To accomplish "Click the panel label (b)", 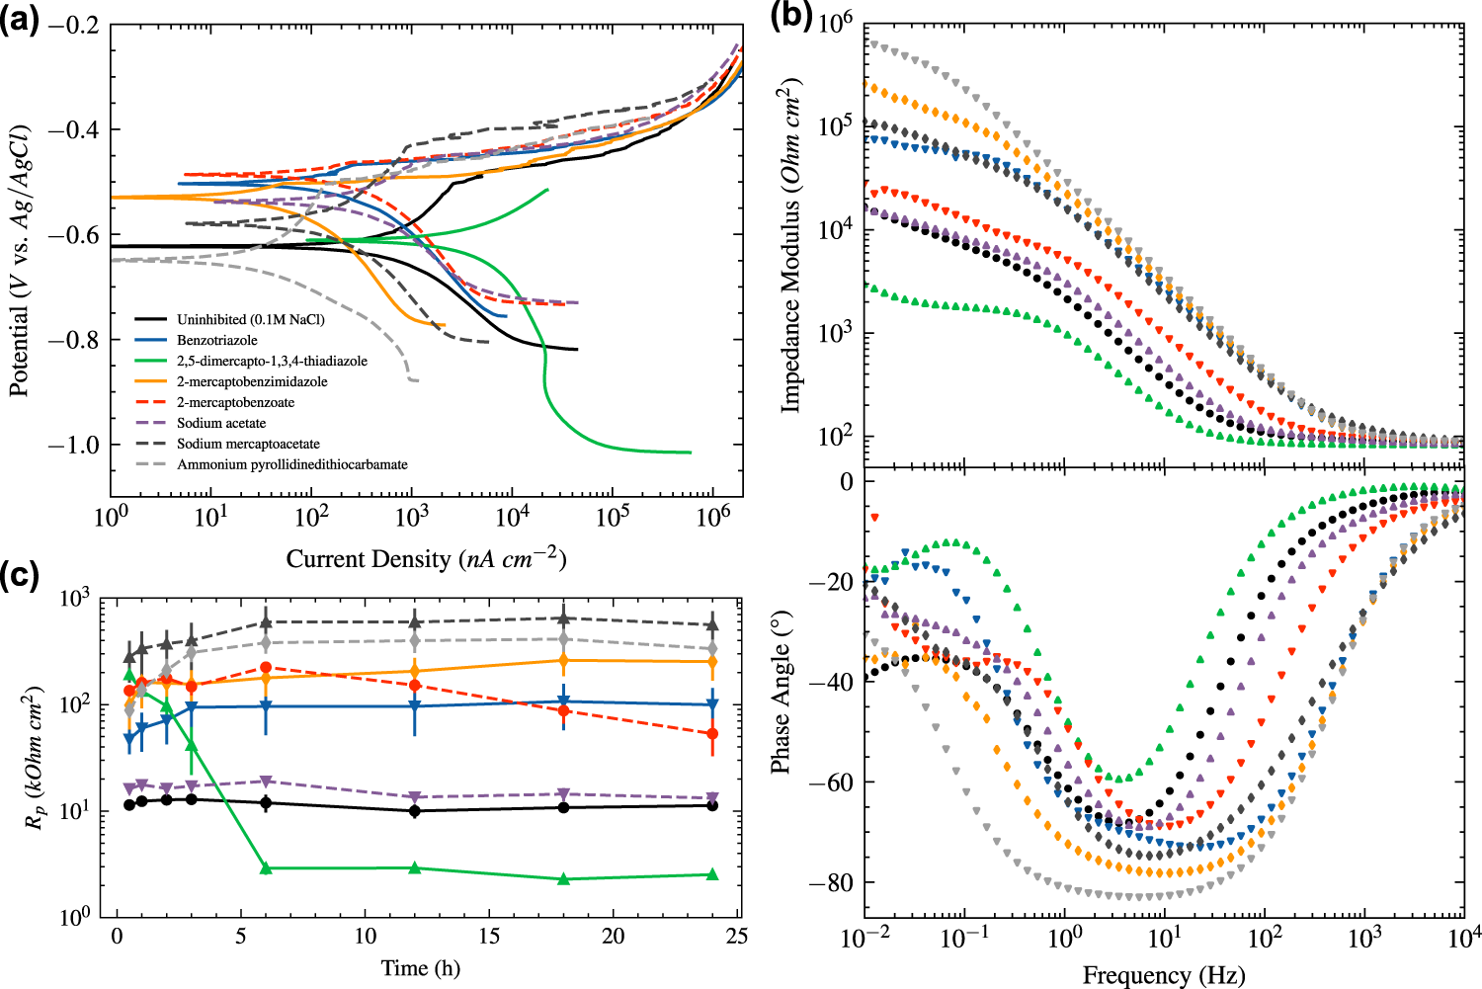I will tap(790, 17).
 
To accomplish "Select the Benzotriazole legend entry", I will tap(216, 340).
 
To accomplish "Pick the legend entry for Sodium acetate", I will tap(221, 423).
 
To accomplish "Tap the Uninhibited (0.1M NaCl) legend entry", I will tap(250, 319).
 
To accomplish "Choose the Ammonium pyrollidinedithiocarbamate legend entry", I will tap(291, 464).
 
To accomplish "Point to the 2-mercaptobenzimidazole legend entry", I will tap(252, 381).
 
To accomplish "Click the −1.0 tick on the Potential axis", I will tap(73, 446).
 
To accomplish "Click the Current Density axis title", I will tap(426, 559).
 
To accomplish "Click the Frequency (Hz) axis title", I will tap(1163, 976).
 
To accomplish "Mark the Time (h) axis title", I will tap(421, 968).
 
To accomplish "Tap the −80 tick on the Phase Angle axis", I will tap(831, 883).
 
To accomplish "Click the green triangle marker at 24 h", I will tap(712, 874).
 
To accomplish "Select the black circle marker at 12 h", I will tap(415, 811).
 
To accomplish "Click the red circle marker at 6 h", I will tap(265, 668).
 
